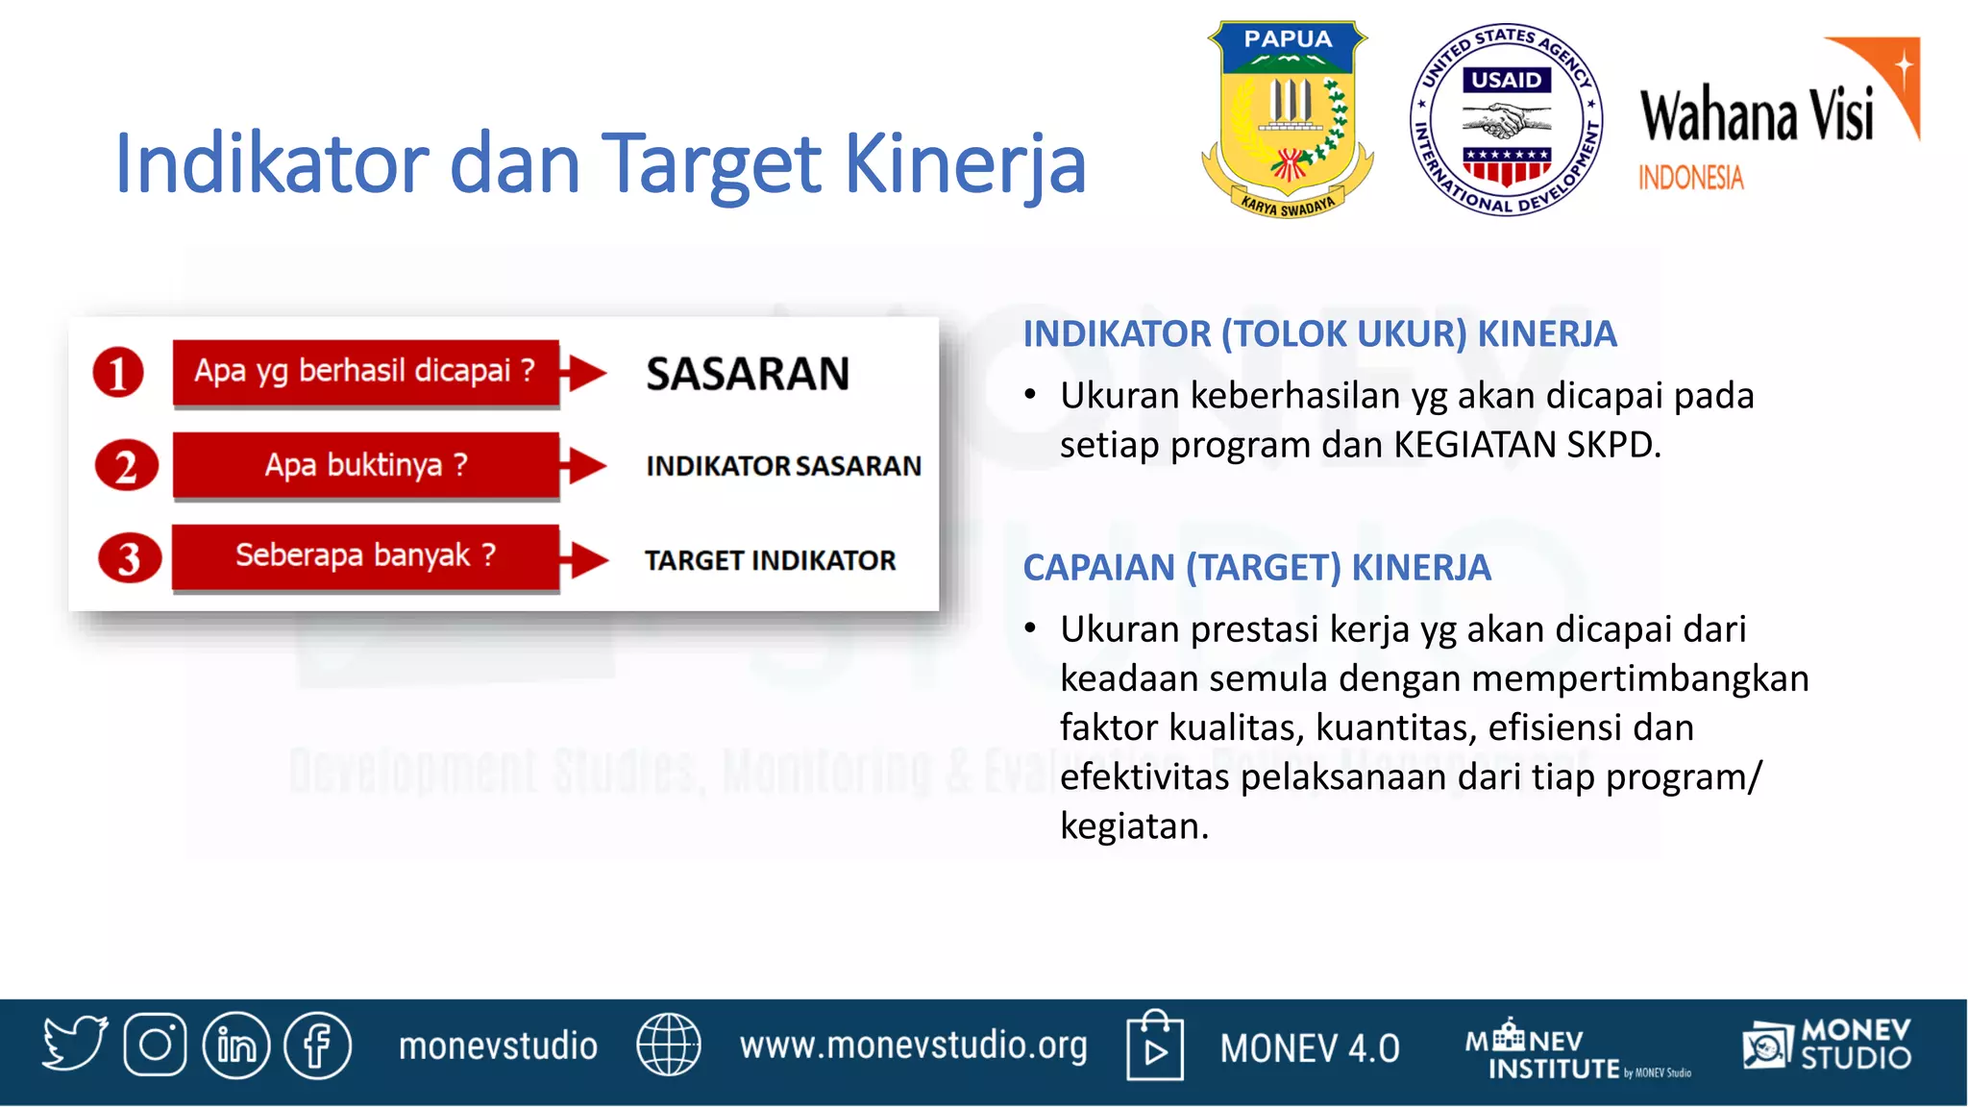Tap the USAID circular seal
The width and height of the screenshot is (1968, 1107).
(x=1506, y=119)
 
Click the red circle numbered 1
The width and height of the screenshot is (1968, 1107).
(x=118, y=373)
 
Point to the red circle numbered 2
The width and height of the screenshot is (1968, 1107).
(x=126, y=466)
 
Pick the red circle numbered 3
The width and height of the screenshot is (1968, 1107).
(x=129, y=558)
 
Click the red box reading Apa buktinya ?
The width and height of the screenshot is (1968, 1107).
(x=366, y=465)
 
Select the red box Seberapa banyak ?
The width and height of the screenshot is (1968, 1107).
(x=365, y=556)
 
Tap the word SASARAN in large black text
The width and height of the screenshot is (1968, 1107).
(x=748, y=374)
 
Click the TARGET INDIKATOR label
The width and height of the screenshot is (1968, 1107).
(x=770, y=560)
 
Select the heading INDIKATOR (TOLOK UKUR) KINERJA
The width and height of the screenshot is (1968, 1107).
(x=1319, y=334)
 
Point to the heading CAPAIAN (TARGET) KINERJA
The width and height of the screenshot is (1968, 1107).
(x=1256, y=568)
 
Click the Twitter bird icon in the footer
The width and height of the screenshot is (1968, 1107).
(x=74, y=1044)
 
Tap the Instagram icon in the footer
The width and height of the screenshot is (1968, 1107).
(x=155, y=1045)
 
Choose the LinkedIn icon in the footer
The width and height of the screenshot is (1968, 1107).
(x=236, y=1045)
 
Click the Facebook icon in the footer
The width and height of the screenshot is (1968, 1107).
(x=318, y=1045)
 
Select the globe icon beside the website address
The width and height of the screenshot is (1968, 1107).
(x=669, y=1045)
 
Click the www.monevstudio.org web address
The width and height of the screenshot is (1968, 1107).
(x=913, y=1045)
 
